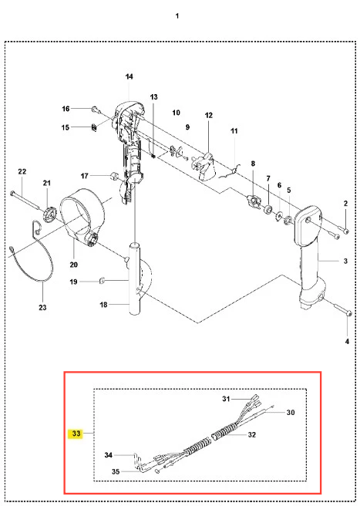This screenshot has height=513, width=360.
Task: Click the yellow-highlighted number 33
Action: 76,434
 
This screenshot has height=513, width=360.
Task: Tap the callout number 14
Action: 130,76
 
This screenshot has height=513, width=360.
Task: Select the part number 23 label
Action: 42,308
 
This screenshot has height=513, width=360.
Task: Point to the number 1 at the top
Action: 177,15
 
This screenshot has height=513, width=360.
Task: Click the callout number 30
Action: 291,413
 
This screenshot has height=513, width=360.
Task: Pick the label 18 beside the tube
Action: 103,305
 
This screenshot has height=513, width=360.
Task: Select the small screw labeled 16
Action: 95,110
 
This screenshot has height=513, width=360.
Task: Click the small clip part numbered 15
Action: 94,127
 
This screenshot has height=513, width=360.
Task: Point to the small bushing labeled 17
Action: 114,176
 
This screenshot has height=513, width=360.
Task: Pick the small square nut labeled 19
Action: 102,280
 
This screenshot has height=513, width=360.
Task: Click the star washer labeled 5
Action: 288,220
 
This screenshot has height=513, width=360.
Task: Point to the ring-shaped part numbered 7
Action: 268,209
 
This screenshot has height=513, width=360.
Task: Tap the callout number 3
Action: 345,261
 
